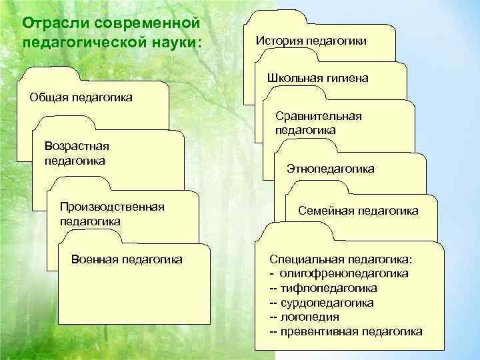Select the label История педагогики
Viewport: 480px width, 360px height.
(311, 41)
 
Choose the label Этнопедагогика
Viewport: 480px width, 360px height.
(330, 169)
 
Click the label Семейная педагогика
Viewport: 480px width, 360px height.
(358, 211)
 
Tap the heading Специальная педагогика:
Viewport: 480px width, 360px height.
(341, 259)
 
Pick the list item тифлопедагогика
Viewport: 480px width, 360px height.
(329, 288)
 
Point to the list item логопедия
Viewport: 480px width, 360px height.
(310, 317)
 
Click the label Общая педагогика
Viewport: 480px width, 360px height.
(81, 98)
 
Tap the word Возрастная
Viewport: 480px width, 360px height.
(76, 147)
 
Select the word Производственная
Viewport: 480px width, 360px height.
(112, 206)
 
